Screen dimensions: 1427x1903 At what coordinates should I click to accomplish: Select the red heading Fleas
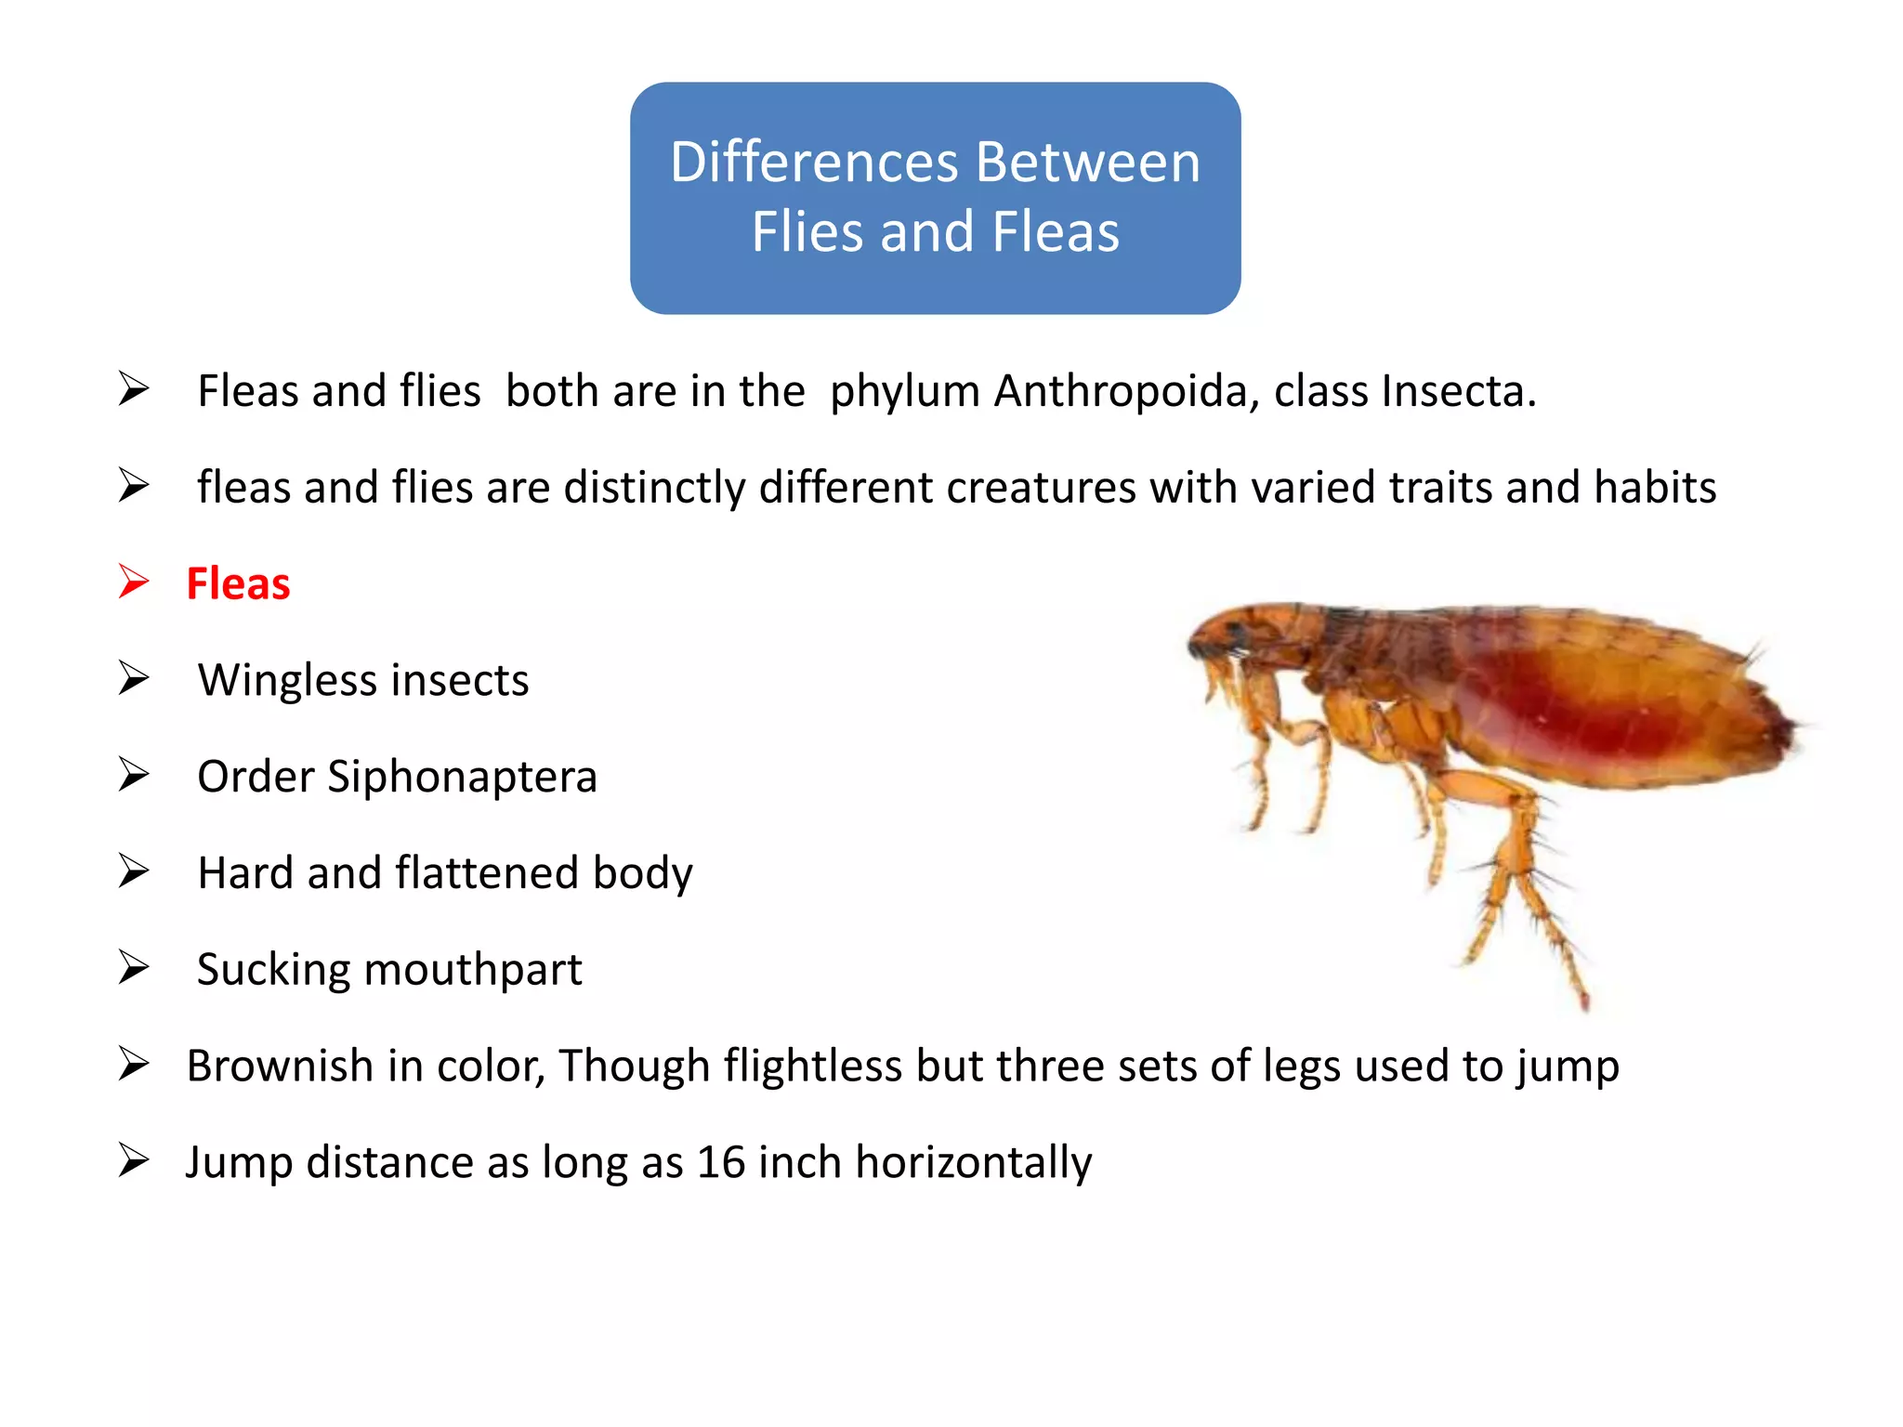coord(238,584)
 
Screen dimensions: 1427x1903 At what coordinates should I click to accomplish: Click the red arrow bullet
coord(134,583)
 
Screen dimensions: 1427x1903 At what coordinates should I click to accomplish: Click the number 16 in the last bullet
coord(721,1162)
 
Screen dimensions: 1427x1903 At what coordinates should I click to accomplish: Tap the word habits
coord(1655,488)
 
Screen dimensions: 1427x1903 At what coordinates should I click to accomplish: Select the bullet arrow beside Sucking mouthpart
coord(134,968)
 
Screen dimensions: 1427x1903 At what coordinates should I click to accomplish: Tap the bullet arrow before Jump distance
coord(134,1160)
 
